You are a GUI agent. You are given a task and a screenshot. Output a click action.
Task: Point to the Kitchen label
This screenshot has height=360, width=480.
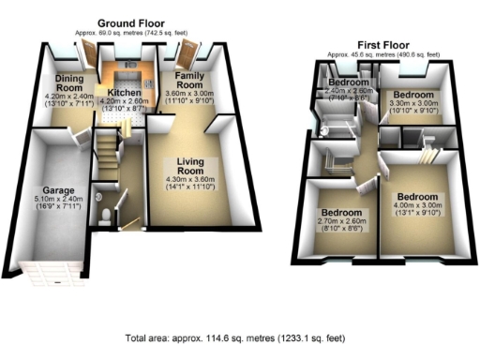(125, 93)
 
